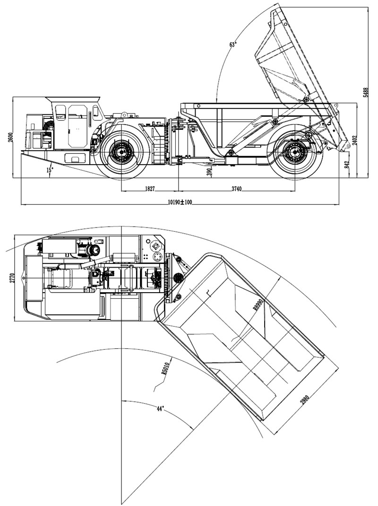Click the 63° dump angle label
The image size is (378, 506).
[x=233, y=44]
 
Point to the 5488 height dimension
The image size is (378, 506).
[x=365, y=93]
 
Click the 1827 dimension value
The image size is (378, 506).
[x=149, y=189]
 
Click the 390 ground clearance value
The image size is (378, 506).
[x=210, y=173]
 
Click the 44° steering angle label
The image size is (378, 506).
[x=161, y=409]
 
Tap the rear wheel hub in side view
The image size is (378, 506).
[x=294, y=152]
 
